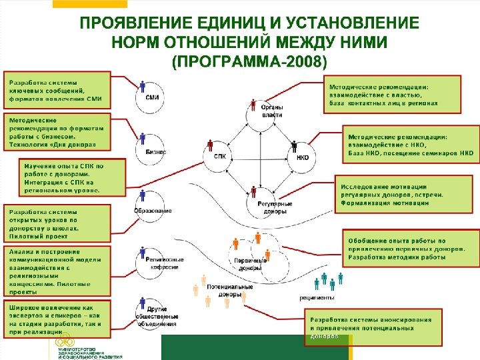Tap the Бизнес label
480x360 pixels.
click(156, 152)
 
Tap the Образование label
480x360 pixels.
click(153, 211)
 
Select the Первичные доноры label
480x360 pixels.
click(250, 264)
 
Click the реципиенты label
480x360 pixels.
click(317, 297)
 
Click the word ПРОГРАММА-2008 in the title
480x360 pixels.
click(249, 63)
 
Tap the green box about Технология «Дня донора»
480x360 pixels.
click(57, 132)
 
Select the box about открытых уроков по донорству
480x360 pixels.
click(57, 223)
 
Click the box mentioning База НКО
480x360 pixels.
click(410, 144)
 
